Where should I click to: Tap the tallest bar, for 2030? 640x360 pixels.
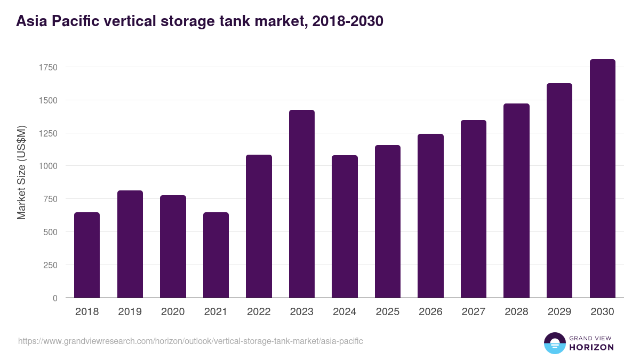pyautogui.click(x=602, y=179)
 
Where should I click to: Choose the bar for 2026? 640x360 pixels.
pyautogui.click(x=430, y=215)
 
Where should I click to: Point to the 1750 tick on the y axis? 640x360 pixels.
pyautogui.click(x=47, y=67)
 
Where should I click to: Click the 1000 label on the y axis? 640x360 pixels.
pyautogui.click(x=47, y=166)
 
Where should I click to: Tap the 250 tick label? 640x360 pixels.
pyautogui.click(x=50, y=265)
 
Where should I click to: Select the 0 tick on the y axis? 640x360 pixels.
pyautogui.click(x=54, y=298)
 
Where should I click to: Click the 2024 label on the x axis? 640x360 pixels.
pyautogui.click(x=345, y=312)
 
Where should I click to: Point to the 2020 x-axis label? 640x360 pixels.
pyautogui.click(x=173, y=312)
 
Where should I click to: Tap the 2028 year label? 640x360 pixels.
pyautogui.click(x=516, y=312)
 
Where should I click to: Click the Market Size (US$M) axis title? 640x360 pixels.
pyautogui.click(x=21, y=172)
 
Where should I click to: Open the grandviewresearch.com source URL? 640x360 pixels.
pyautogui.click(x=190, y=341)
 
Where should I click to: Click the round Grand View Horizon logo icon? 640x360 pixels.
pyautogui.click(x=554, y=343)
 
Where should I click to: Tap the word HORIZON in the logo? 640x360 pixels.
pyautogui.click(x=591, y=347)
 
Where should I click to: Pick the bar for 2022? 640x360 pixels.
pyautogui.click(x=259, y=226)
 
